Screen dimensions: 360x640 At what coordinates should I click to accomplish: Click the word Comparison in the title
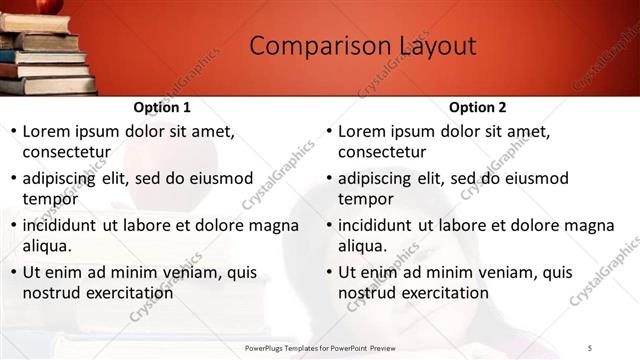pos(306,46)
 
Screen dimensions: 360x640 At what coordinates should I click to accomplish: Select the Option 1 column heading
pos(162,107)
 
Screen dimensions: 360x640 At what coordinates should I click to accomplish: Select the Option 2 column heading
pos(478,107)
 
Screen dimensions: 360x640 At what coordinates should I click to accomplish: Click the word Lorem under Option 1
pos(49,131)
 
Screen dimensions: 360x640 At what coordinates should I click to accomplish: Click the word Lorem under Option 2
pos(365,131)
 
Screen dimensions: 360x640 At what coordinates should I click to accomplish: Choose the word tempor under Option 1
pos(50,199)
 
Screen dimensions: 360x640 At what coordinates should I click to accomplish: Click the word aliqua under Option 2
pos(361,246)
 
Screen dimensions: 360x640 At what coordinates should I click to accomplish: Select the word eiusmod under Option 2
pos(532,179)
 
